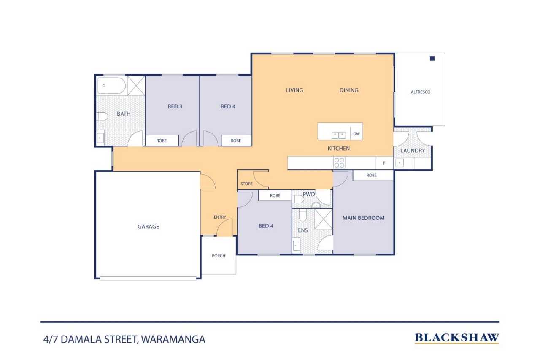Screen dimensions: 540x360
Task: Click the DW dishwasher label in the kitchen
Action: [x=356, y=134]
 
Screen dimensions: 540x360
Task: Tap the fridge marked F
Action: [x=384, y=163]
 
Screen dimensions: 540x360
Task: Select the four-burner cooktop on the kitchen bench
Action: [x=339, y=162]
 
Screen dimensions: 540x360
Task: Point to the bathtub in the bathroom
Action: [x=111, y=86]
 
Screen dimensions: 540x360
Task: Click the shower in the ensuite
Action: [x=324, y=219]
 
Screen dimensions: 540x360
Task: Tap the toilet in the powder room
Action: [x=298, y=199]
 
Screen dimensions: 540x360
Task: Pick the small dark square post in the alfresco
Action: [x=432, y=58]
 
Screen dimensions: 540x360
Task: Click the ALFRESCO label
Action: [x=421, y=92]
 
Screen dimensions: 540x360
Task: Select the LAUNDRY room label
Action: [x=413, y=151]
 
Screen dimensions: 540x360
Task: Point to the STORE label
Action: [x=246, y=184]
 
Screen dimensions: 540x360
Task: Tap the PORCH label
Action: [x=219, y=256]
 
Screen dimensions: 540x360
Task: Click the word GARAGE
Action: [x=148, y=226]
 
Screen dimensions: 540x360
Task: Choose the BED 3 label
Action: [x=175, y=106]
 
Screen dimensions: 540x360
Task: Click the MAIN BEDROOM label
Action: [x=363, y=218]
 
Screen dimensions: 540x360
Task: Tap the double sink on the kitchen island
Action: [x=338, y=135]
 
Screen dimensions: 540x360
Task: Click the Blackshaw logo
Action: [x=457, y=338]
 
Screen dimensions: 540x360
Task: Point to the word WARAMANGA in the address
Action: [x=173, y=339]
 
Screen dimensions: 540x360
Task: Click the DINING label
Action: [x=349, y=90]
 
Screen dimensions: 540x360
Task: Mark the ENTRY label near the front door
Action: [x=220, y=217]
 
